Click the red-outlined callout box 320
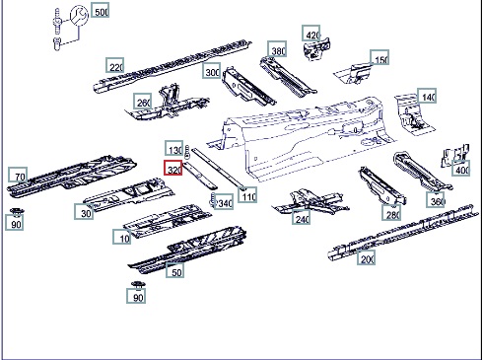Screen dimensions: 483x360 point(173,168)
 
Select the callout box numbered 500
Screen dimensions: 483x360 point(101,11)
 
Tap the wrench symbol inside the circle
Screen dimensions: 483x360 point(79,17)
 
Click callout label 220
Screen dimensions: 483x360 point(115,65)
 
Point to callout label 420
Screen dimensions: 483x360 point(311,34)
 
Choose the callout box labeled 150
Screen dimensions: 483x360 point(379,58)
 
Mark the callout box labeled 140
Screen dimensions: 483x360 point(427,96)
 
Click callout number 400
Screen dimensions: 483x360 point(460,169)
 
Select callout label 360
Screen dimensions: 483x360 point(436,199)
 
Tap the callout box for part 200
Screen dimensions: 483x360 point(367,257)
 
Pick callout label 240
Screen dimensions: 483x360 point(302,217)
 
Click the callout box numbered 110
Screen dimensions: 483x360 point(247,194)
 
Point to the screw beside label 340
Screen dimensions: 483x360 point(213,200)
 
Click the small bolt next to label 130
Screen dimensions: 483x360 point(187,152)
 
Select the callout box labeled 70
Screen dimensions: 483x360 point(18,176)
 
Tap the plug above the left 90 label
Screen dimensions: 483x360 point(16,212)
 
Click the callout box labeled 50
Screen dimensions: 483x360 point(174,270)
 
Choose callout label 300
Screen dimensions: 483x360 point(211,70)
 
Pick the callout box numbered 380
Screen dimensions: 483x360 point(277,49)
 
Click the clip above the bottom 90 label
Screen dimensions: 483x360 point(138,285)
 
